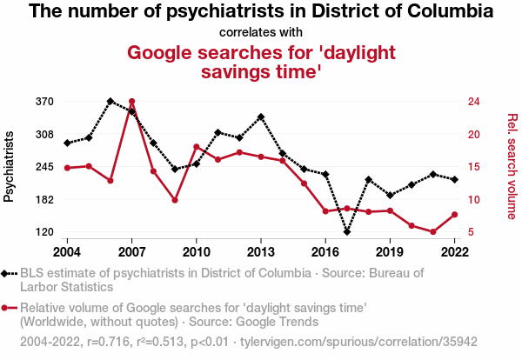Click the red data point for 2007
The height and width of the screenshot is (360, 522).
coord(131,102)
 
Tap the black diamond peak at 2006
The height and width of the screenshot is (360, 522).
coord(110,101)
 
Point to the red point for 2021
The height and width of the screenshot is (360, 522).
coord(433,232)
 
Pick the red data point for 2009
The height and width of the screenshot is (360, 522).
coord(175,200)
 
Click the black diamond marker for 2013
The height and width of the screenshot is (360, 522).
coord(261,117)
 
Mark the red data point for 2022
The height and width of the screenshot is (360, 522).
coord(455,215)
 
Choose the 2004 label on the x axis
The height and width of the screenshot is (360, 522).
coord(67,251)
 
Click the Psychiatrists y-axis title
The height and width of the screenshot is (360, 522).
coord(10,167)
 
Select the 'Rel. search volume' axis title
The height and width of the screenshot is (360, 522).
coord(512,167)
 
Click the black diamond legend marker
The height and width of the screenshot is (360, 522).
coord(9,273)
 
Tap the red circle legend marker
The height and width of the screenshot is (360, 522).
coord(9,308)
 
